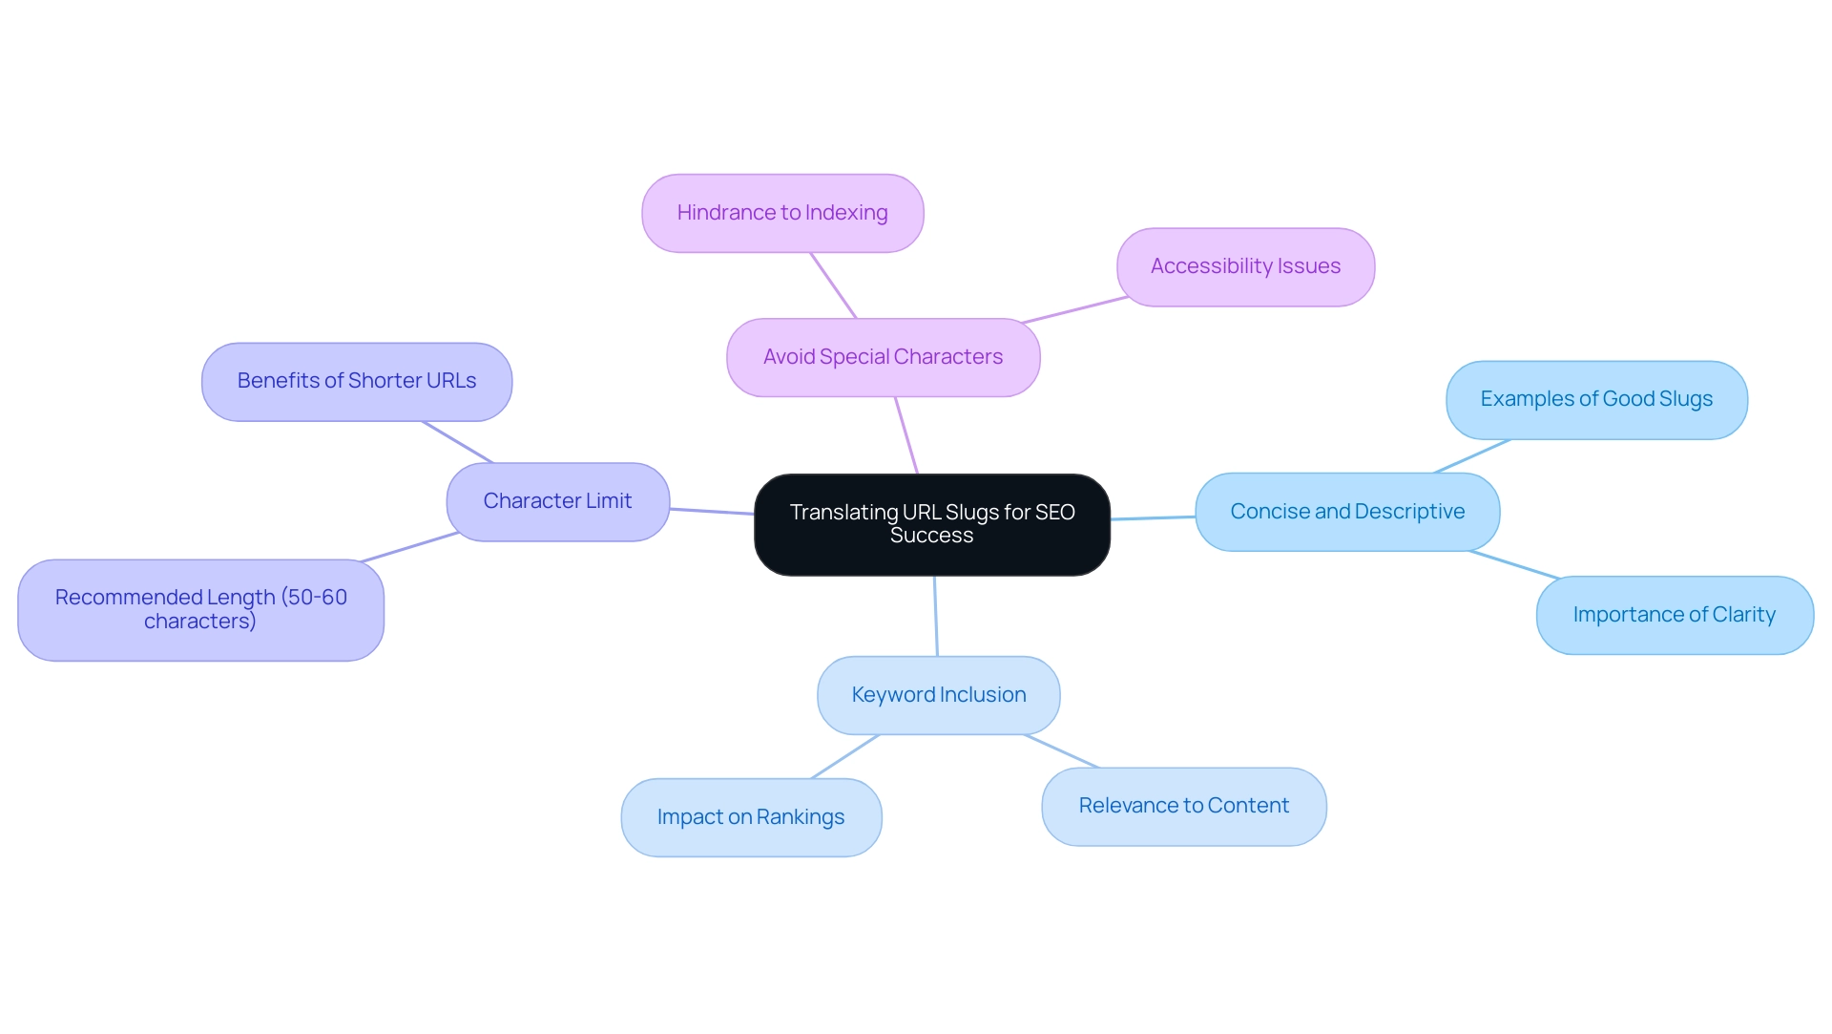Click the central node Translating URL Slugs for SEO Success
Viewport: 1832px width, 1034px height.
tap(931, 524)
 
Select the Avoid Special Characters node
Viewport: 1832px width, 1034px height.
tap(883, 357)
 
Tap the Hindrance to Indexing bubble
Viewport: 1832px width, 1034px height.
tap(782, 213)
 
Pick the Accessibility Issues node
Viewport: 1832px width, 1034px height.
tap(1245, 266)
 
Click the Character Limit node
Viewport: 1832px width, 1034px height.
tap(557, 501)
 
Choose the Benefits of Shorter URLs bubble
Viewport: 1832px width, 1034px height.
tap(357, 381)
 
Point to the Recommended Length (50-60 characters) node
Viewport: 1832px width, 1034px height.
tap(200, 609)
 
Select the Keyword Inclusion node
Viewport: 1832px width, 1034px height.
tap(939, 695)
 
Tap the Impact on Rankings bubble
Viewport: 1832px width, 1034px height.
tap(751, 817)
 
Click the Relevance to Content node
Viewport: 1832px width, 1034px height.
tap(1183, 806)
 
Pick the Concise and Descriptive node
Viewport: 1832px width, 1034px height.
tap(1347, 512)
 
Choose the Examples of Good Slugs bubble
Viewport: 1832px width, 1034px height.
tap(1596, 399)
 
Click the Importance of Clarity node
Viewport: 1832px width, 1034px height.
tap(1675, 615)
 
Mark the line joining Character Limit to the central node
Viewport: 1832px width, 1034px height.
tap(712, 512)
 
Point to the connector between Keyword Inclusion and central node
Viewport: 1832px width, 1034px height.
tap(936, 616)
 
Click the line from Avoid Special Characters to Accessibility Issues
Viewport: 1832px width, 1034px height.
tap(1075, 310)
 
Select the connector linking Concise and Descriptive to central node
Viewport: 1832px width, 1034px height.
tap(1153, 517)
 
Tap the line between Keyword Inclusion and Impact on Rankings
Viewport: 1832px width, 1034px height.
tap(845, 756)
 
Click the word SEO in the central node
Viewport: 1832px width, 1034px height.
tap(1054, 513)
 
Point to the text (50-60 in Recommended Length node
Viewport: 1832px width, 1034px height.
tap(314, 598)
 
